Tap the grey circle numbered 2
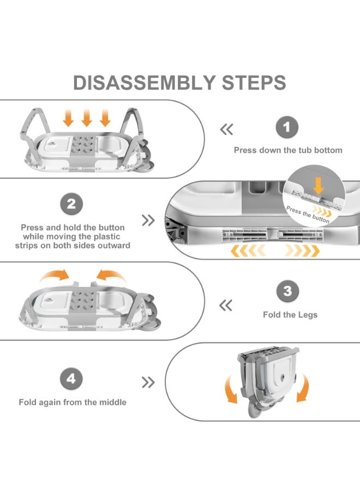pyautogui.click(x=71, y=205)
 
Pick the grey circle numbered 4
pyautogui.click(x=71, y=378)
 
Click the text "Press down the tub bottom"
pyautogui.click(x=288, y=150)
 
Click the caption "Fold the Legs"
pyautogui.click(x=290, y=315)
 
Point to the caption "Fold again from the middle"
pyautogui.click(x=73, y=402)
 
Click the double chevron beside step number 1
pyautogui.click(x=226, y=130)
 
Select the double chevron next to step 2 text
pyautogui.click(x=148, y=220)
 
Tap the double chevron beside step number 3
pyautogui.click(x=226, y=306)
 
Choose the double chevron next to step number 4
pyautogui.click(x=148, y=382)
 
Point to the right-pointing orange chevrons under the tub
pyautogui.click(x=302, y=250)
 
